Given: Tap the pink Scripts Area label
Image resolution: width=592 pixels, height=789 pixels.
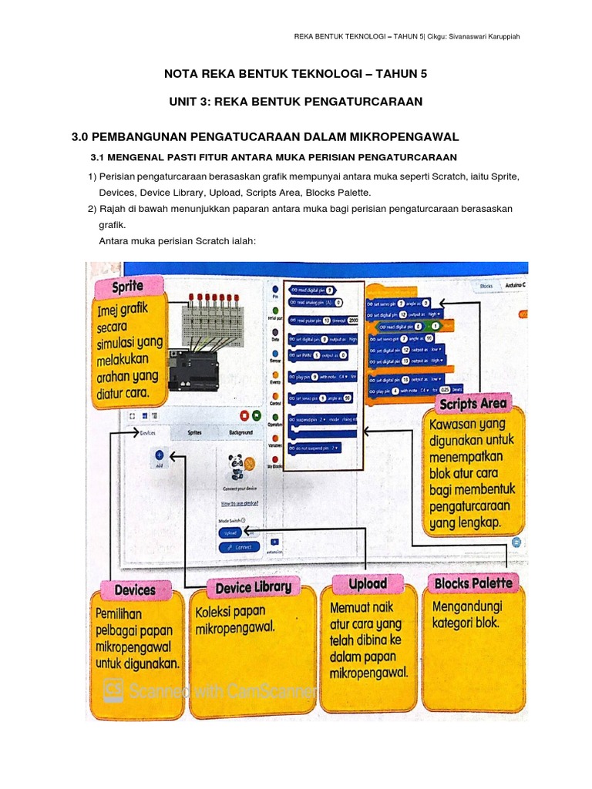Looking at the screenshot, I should point(473,403).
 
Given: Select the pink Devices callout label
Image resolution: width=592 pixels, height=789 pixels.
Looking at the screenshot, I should point(135,590).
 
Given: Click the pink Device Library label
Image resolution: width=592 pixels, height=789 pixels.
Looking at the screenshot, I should point(253,588).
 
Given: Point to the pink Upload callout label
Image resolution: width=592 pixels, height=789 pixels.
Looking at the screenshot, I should point(368,584).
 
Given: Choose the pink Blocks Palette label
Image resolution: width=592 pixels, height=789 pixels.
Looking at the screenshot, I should point(473,583).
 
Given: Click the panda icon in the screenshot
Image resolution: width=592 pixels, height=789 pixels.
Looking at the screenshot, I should point(236,466).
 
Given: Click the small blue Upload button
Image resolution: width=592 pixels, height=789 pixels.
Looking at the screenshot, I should point(230,532).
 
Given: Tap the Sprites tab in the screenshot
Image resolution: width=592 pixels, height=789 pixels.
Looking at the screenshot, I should point(196,434).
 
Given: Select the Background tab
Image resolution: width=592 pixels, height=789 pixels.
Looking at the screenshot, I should point(247,434).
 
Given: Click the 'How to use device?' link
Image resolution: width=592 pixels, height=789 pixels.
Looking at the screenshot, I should point(239,503).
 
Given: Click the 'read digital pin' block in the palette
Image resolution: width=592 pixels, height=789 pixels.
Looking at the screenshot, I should point(312,290).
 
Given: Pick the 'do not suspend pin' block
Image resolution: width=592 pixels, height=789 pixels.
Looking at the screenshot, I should point(316,447).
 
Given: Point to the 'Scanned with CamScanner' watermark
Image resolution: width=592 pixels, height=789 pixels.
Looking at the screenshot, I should point(224,690).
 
